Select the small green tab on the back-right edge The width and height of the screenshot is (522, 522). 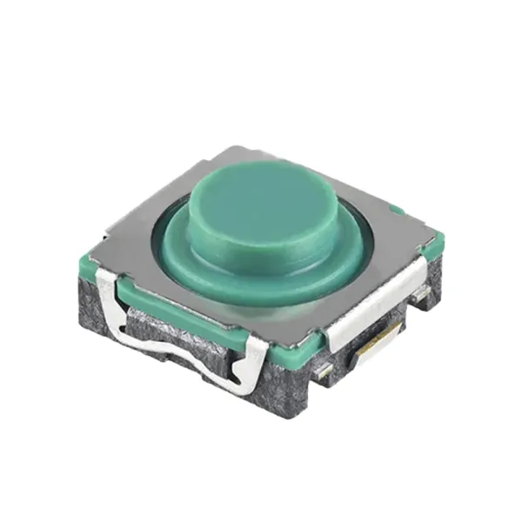coord(396,209)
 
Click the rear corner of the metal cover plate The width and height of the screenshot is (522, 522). coord(228,150)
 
